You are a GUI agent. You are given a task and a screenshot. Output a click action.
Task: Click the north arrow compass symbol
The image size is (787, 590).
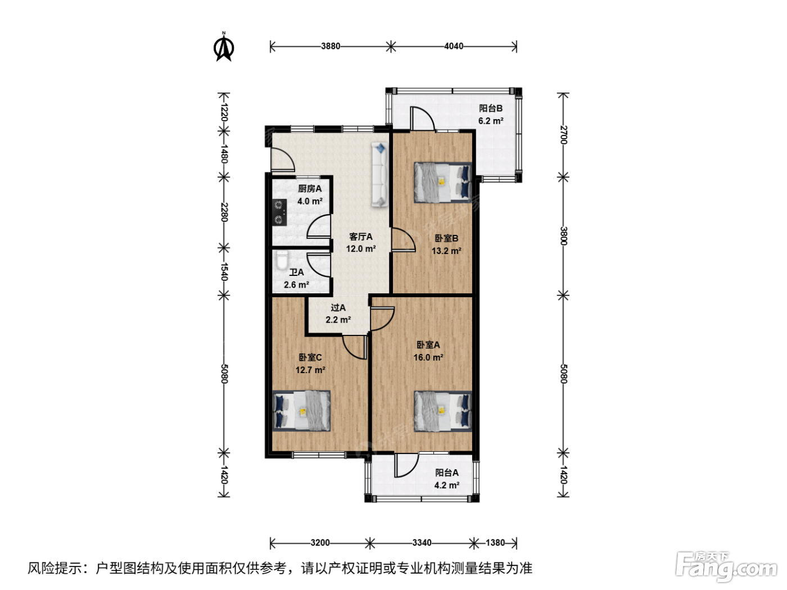[224, 47]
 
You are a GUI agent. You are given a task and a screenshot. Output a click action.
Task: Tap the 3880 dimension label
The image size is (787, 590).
[330, 46]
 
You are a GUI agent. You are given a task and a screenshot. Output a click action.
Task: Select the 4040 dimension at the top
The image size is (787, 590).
[454, 46]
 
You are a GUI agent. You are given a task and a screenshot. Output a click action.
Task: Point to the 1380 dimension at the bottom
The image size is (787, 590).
[495, 543]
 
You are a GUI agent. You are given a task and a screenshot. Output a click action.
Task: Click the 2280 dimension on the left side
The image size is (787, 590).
[224, 212]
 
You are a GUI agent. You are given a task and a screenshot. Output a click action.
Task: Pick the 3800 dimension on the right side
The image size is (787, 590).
[563, 235]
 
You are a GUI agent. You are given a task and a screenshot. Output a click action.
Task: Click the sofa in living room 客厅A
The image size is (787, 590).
[379, 174]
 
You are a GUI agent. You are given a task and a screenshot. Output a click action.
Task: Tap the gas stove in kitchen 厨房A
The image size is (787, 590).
[279, 212]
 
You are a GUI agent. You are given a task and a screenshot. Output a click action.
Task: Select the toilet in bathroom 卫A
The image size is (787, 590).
[282, 260]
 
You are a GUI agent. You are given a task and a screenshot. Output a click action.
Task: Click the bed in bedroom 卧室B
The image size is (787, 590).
[443, 183]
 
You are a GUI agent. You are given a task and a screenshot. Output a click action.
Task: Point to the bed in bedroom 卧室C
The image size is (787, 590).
[301, 411]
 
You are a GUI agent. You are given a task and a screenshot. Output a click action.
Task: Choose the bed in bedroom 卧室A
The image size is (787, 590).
[443, 411]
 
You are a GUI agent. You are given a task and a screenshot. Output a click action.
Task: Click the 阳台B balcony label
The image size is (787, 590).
[491, 108]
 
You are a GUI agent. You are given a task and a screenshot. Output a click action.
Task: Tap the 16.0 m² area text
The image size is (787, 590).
[428, 357]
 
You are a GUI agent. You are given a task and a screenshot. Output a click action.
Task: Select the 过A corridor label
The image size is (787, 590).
[338, 307]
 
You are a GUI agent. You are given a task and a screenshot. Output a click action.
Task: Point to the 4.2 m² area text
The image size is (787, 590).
[447, 485]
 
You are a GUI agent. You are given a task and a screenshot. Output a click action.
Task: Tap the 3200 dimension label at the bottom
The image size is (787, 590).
[320, 543]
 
